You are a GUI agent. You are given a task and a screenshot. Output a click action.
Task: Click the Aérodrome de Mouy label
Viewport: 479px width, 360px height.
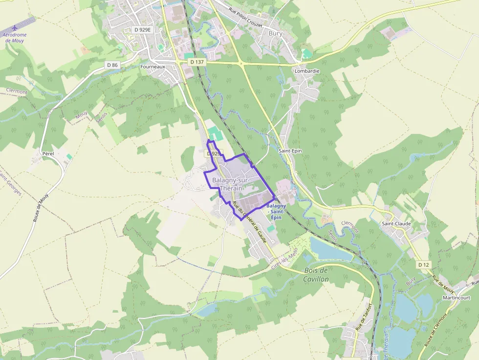tap(14, 38)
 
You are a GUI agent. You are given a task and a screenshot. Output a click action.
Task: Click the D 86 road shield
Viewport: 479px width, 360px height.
tap(112, 65)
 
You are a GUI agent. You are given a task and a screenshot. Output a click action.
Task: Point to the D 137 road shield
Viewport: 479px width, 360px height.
tap(197, 62)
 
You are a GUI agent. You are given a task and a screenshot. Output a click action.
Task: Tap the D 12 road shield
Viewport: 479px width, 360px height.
tap(423, 265)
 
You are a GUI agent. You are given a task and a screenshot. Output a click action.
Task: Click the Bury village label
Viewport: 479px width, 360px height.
tap(276, 33)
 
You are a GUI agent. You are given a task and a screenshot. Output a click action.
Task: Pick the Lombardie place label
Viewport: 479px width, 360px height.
tap(307, 71)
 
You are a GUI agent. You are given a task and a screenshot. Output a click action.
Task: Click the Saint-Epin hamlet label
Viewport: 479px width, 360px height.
tap(290, 151)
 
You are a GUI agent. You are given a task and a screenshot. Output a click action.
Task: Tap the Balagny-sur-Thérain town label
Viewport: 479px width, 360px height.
tap(231, 184)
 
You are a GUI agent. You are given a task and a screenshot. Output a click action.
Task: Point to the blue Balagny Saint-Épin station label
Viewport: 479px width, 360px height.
tap(276, 212)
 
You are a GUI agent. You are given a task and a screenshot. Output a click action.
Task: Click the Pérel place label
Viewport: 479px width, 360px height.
tap(48, 153)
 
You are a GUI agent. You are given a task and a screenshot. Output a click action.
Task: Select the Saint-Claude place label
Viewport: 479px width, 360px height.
tap(396, 224)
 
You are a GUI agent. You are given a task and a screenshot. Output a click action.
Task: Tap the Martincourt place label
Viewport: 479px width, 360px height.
tap(456, 297)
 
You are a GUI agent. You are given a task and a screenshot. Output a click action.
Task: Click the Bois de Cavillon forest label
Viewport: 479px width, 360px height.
tap(316, 275)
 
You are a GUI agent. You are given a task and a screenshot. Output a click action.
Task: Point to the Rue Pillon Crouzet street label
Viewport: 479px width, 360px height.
tap(245, 18)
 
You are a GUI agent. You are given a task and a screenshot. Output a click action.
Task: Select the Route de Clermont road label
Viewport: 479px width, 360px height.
tap(436, 331)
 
